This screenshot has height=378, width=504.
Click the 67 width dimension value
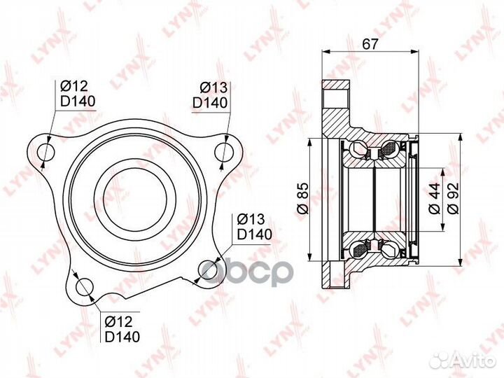click(x=371, y=44)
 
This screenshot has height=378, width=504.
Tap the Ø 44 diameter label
click(x=434, y=199)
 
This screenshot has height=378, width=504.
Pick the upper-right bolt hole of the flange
click(x=224, y=151)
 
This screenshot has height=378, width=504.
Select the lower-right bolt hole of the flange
click(x=207, y=270)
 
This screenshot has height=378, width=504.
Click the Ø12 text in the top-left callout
click(x=73, y=86)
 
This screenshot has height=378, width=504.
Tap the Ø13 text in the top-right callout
click(x=213, y=87)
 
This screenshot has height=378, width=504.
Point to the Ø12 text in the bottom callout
click(x=119, y=321)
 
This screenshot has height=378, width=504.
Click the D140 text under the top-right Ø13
click(x=210, y=103)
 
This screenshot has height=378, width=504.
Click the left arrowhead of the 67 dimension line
click(x=325, y=53)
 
